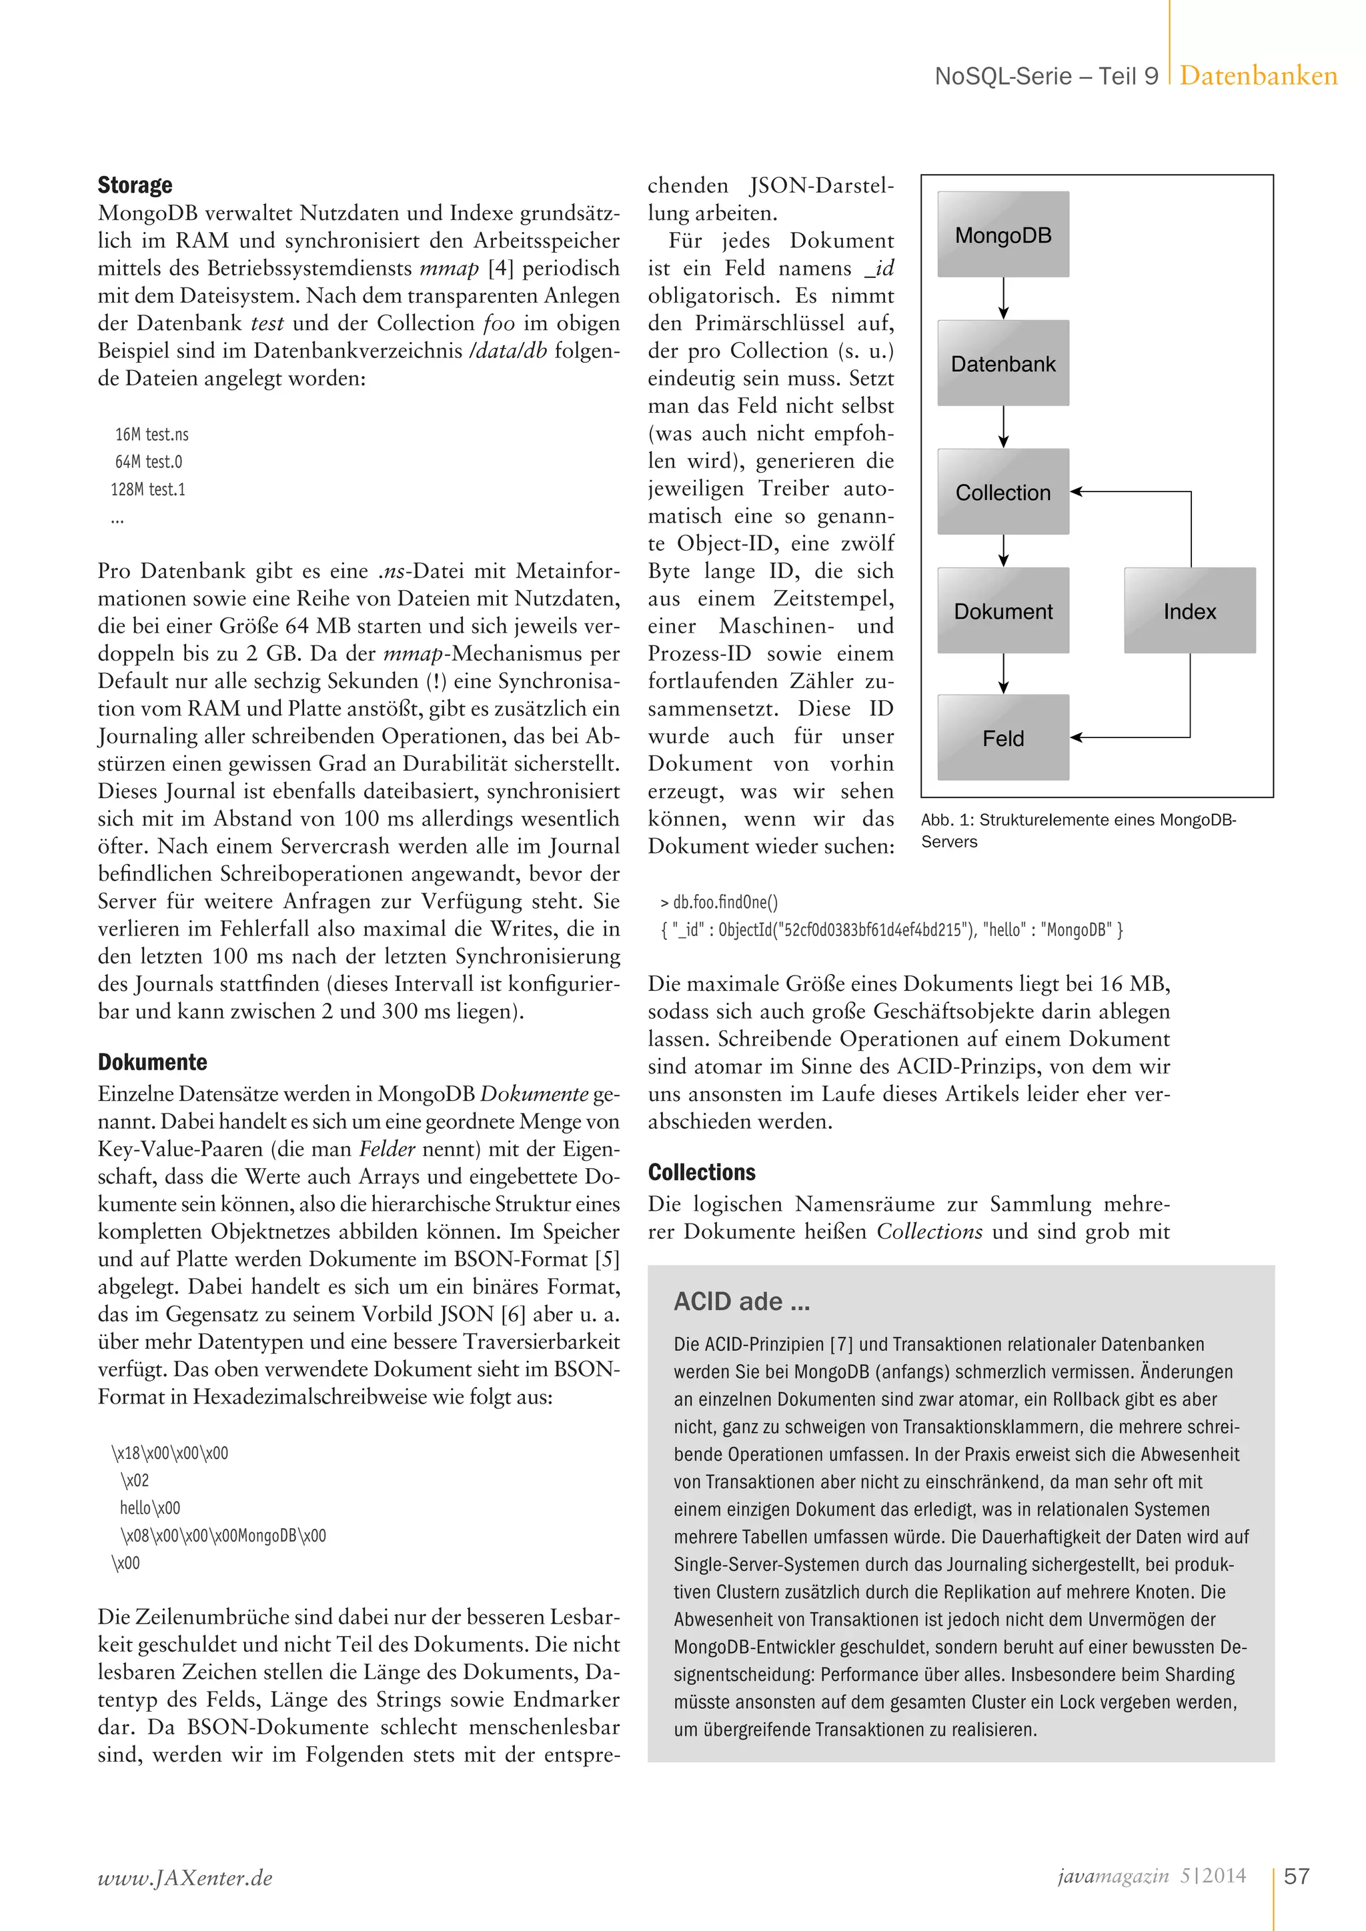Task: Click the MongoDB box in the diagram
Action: [x=1002, y=235]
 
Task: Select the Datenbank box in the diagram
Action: [x=1002, y=363]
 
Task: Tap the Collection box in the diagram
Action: [x=1002, y=492]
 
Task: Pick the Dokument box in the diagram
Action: [x=1002, y=611]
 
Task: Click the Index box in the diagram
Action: [x=1189, y=611]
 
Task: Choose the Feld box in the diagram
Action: [x=1002, y=737]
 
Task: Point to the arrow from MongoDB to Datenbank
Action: [x=1003, y=299]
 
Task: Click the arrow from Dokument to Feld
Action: [x=1003, y=673]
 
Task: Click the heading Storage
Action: [x=135, y=185]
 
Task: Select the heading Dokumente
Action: [x=152, y=1062]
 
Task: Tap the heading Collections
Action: [x=702, y=1172]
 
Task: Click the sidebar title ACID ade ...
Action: [x=741, y=1302]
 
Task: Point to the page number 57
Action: [x=1296, y=1876]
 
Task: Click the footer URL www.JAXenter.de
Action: [x=185, y=1878]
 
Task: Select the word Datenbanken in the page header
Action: [x=1259, y=76]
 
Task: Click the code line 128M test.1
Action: [x=148, y=489]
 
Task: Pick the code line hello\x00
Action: [x=149, y=1508]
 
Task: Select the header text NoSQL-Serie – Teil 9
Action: [x=1047, y=77]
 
